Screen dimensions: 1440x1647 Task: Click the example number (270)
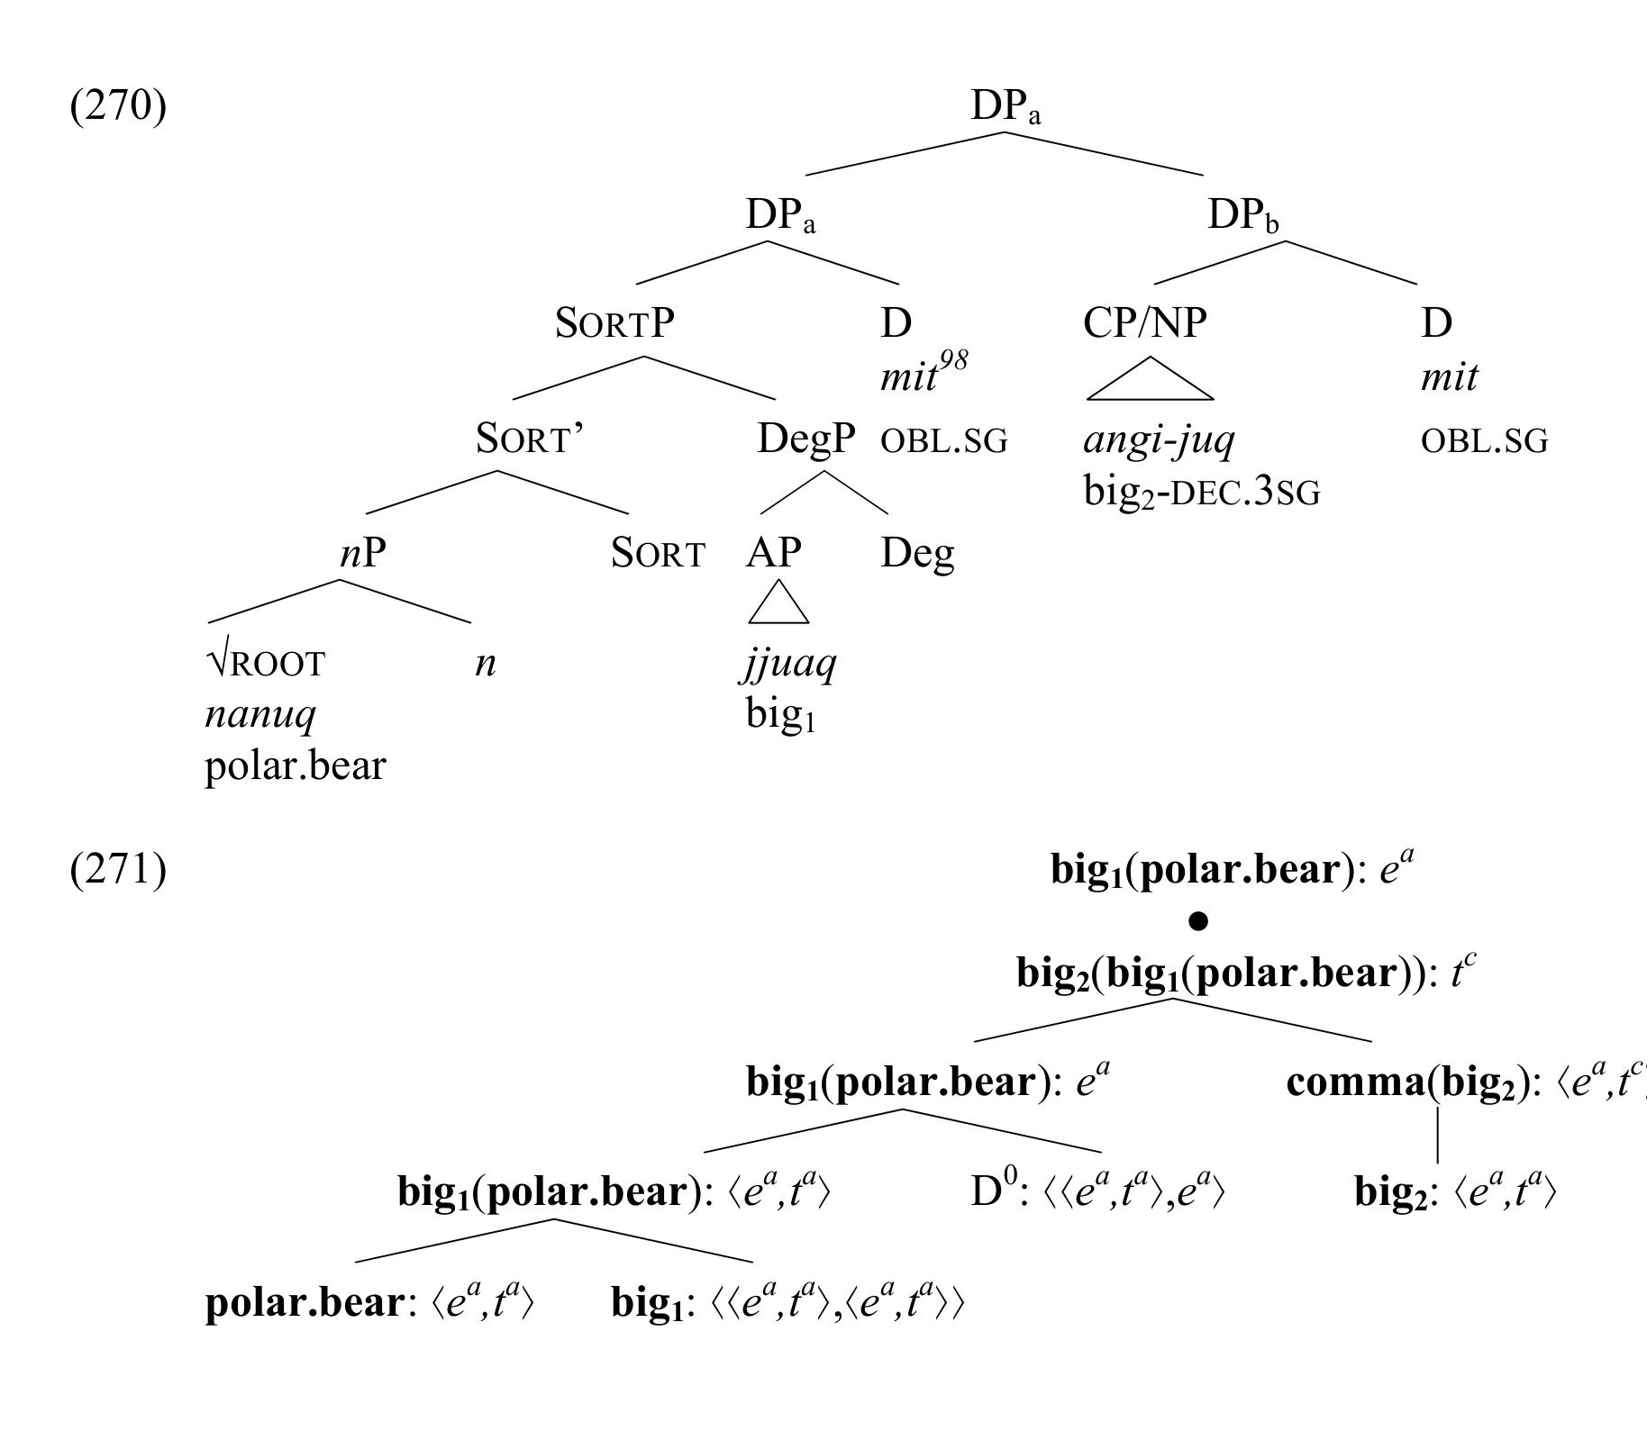pyautogui.click(x=118, y=106)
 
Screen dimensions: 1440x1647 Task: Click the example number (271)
pyautogui.click(x=118, y=870)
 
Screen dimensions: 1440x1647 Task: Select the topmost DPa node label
pyautogui.click(x=1005, y=107)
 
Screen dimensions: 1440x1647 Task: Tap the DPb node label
pyautogui.click(x=1242, y=216)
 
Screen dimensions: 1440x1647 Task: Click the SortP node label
pyautogui.click(x=614, y=322)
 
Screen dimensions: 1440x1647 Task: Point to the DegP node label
pyautogui.click(x=805, y=439)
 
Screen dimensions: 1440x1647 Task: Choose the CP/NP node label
pyautogui.click(x=1144, y=322)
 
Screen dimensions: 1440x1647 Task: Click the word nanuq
pyautogui.click(x=260, y=714)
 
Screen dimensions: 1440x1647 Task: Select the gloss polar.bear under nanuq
pyautogui.click(x=295, y=766)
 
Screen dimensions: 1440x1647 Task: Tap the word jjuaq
pyautogui.click(x=790, y=664)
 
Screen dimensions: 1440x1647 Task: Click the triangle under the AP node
pyautogui.click(x=778, y=603)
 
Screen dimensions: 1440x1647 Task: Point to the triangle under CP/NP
pyautogui.click(x=1150, y=381)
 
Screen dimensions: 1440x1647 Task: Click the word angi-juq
pyautogui.click(x=1159, y=439)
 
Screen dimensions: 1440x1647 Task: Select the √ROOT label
pyautogui.click(x=265, y=664)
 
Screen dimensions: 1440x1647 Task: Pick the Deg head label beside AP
pyautogui.click(x=916, y=553)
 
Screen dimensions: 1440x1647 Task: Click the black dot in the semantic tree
pyautogui.click(x=1197, y=920)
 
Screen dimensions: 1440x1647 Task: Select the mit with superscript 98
pyautogui.click(x=923, y=372)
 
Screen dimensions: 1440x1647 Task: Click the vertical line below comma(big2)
pyautogui.click(x=1437, y=1135)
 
